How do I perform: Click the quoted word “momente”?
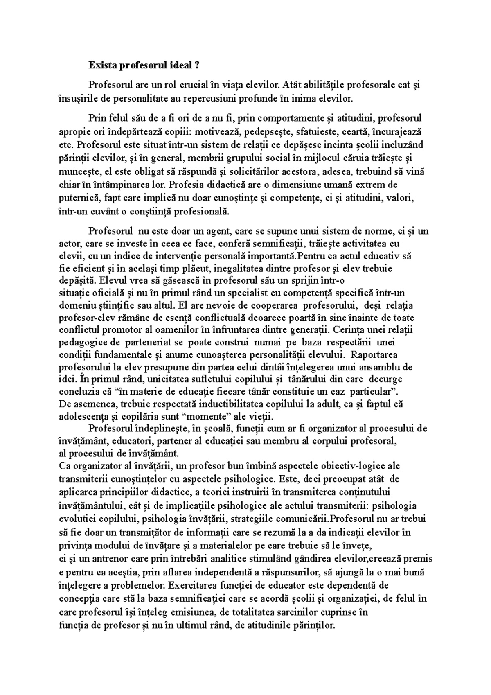pyautogui.click(x=206, y=417)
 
